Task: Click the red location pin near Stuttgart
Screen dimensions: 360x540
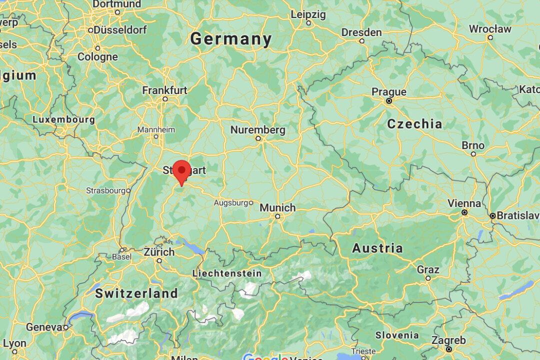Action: pos(181,171)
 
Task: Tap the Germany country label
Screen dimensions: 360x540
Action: pos(231,39)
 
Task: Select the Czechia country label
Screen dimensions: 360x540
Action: pos(414,124)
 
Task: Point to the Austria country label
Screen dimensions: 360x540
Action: pos(377,248)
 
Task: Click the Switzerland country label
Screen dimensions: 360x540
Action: pos(136,293)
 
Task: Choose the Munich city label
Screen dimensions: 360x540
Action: pos(277,207)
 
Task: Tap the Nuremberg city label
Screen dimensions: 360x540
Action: pos(257,130)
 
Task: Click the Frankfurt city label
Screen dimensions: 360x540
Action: pos(164,90)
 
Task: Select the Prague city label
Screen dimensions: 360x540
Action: pos(389,92)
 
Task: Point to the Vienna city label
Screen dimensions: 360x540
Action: pos(464,203)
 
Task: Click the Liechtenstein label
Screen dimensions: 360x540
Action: pos(227,273)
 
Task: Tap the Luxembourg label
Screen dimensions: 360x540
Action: pos(63,120)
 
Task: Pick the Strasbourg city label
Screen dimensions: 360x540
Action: pos(105,190)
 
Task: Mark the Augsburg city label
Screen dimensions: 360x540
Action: pos(231,203)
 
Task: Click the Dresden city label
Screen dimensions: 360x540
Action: pos(361,32)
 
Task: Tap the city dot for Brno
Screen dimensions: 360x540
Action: pos(473,154)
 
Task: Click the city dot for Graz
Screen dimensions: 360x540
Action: pos(428,278)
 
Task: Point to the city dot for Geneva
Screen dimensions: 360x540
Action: pos(65,327)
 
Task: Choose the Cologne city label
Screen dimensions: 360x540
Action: pos(97,57)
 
